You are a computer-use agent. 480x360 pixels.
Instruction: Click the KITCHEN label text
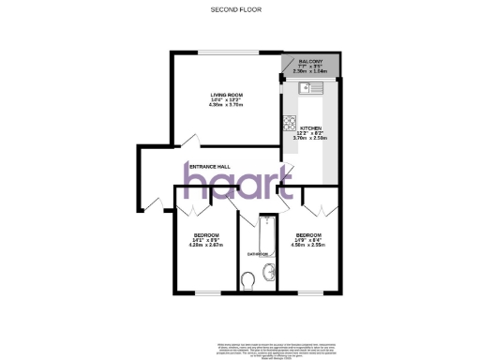tap(311, 127)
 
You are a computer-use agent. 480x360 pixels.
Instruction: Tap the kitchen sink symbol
tap(309, 89)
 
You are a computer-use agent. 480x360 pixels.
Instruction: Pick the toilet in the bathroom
tap(247, 280)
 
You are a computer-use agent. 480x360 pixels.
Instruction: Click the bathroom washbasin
tap(270, 273)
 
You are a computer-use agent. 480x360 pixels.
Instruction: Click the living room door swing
tap(191, 142)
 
